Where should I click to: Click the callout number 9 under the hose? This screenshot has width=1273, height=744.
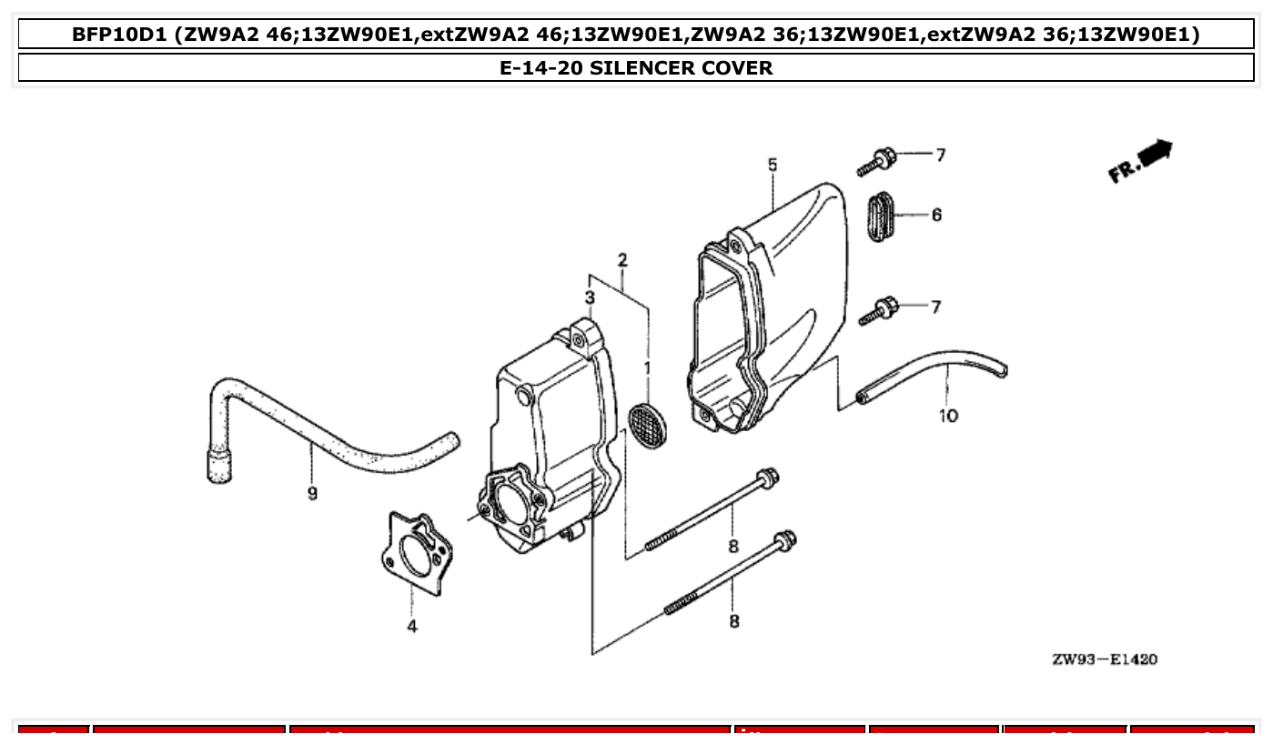[x=312, y=494]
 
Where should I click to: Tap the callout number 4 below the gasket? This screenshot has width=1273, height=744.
[x=412, y=626]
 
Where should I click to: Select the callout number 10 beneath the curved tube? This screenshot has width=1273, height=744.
[x=948, y=416]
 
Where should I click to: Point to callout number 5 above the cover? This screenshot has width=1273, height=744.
[x=773, y=165]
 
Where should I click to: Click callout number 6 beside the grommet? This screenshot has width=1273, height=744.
[x=936, y=215]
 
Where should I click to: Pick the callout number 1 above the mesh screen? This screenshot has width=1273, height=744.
[x=648, y=368]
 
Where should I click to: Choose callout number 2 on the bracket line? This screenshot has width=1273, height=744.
[x=622, y=260]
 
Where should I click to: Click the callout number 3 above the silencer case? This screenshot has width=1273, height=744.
[x=590, y=297]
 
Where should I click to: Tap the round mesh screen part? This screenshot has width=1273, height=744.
[x=648, y=425]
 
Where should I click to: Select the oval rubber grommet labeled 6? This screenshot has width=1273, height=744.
[x=877, y=216]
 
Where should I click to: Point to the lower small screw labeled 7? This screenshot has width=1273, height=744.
[x=877, y=311]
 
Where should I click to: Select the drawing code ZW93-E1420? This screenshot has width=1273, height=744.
[x=1105, y=659]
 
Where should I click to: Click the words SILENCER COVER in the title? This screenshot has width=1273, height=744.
[x=681, y=68]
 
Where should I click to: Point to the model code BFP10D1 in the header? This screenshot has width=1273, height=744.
[x=118, y=35]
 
